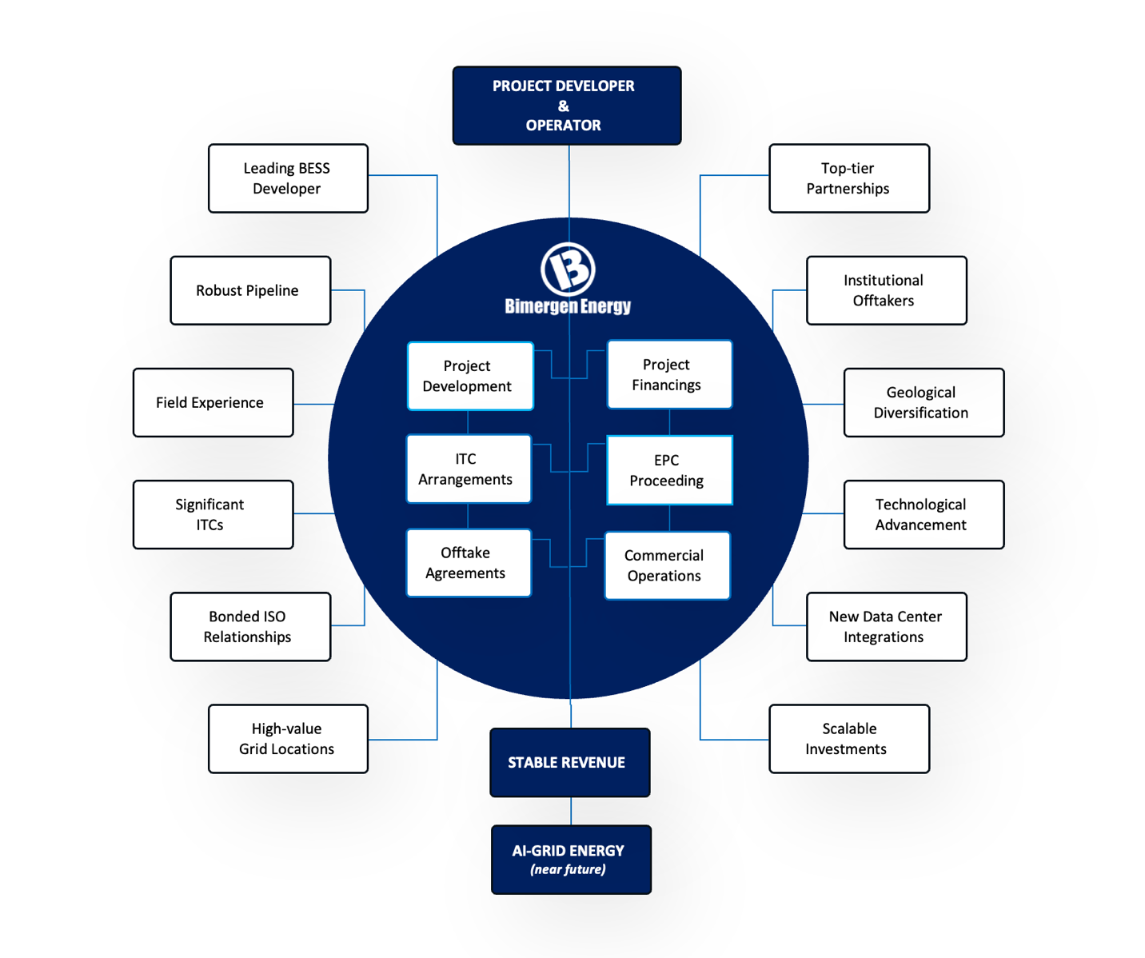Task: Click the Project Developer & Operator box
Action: tap(566, 106)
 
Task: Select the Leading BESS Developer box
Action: tap(288, 178)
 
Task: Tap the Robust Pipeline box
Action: tap(250, 290)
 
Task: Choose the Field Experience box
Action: tap(213, 402)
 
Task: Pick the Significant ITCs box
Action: tap(213, 514)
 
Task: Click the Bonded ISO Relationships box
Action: tap(250, 626)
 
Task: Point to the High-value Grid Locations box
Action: tap(288, 738)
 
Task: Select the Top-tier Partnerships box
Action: tap(849, 178)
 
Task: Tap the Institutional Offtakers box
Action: tap(886, 290)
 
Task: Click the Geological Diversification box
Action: tap(924, 402)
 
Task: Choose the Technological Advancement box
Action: tap(924, 514)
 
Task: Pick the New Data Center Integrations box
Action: tap(886, 626)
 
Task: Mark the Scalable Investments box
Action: tap(849, 738)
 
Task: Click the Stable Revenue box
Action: tap(569, 762)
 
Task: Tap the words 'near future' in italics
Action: tap(568, 870)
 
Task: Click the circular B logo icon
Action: tap(568, 269)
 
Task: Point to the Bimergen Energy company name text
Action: tap(568, 306)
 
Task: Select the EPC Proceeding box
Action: tap(669, 470)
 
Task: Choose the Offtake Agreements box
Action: tap(469, 563)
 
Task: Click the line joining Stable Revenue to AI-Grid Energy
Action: tap(571, 811)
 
